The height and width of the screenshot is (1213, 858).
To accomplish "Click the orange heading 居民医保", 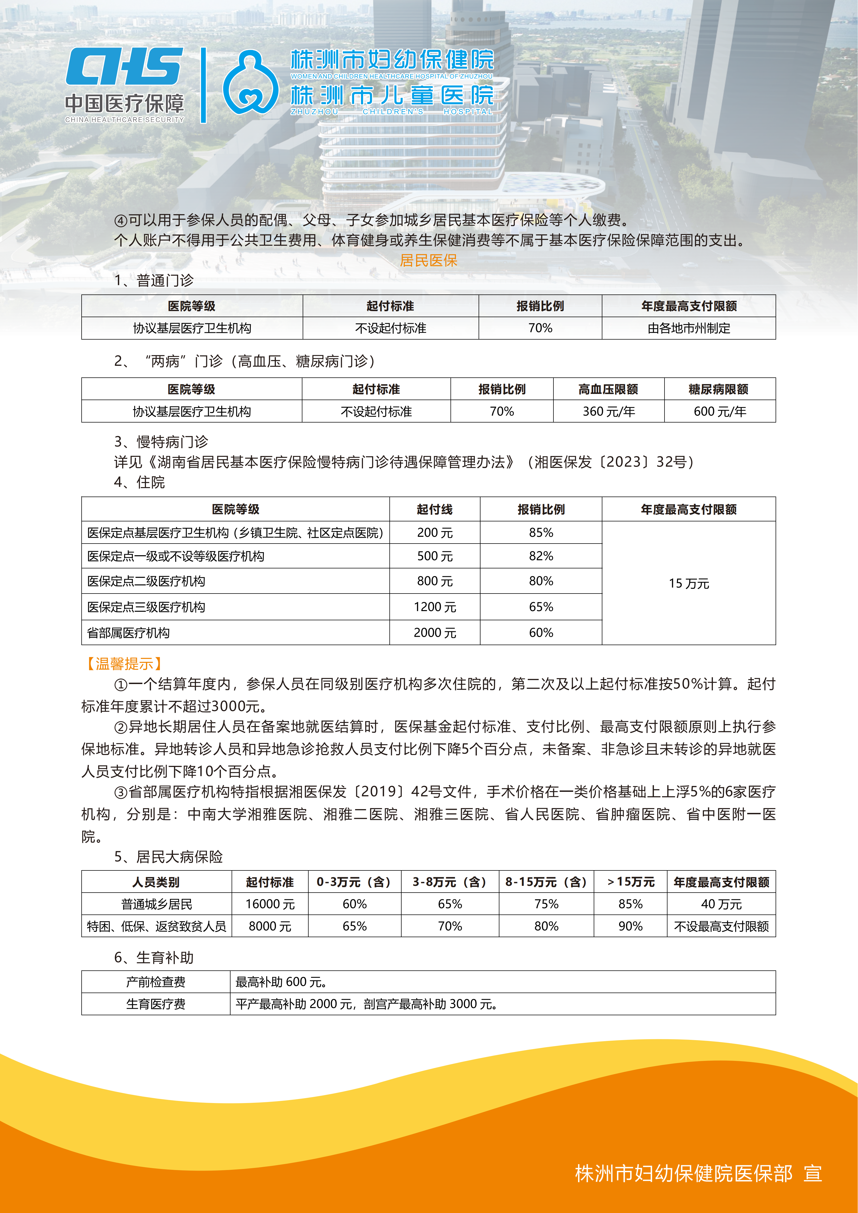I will point(429,260).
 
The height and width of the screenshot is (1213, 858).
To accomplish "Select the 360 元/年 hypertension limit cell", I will point(609,411).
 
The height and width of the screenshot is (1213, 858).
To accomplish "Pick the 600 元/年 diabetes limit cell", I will point(720,411).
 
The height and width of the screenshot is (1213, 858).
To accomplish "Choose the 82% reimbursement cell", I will point(541,556).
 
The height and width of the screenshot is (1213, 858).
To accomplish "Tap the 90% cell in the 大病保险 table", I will point(630,926).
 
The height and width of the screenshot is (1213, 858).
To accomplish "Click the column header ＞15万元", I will point(630,882).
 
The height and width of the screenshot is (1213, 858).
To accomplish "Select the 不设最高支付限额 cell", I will point(721,926).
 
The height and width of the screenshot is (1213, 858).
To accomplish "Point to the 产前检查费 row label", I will point(156,981).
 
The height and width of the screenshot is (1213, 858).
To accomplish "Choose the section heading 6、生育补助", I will point(154,957).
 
